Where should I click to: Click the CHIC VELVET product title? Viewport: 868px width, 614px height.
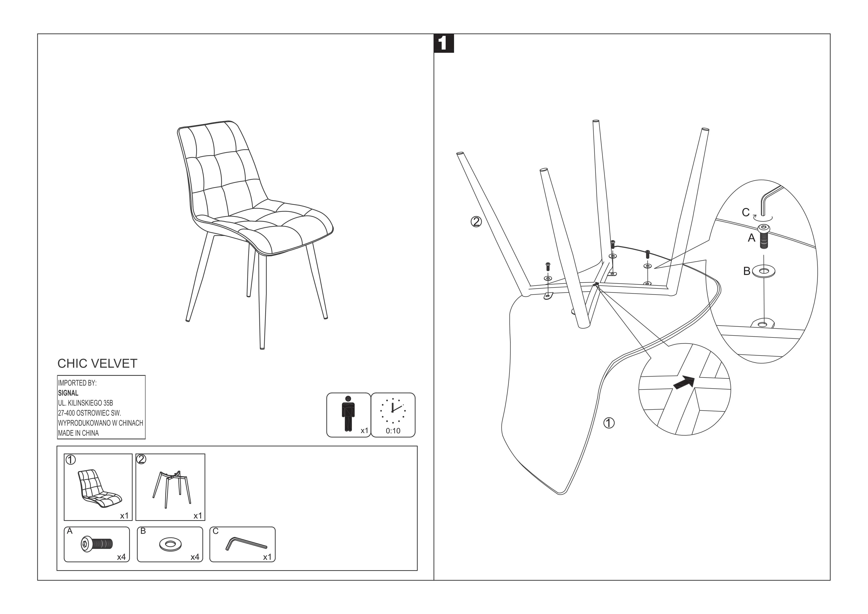coord(97,363)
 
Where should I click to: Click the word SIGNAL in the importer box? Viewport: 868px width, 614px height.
coord(68,393)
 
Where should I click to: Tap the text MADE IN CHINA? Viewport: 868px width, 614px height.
coord(78,433)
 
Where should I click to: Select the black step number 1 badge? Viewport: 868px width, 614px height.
coord(443,44)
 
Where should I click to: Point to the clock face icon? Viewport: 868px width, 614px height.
coord(393,410)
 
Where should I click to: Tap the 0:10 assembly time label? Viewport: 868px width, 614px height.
coord(393,431)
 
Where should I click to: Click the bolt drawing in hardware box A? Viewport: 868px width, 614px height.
coord(97,544)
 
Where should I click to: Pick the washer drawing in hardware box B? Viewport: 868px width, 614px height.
coord(170,545)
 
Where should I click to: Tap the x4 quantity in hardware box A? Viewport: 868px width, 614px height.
coord(121,557)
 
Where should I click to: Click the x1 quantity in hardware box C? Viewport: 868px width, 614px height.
coord(267,557)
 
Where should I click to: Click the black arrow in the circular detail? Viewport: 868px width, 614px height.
coord(684,383)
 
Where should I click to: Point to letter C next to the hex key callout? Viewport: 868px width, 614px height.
coord(746,213)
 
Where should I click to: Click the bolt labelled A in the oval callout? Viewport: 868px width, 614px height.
coord(764,237)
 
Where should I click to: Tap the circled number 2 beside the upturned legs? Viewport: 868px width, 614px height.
coord(476,221)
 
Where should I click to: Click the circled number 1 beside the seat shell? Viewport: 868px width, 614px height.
coord(609,423)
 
